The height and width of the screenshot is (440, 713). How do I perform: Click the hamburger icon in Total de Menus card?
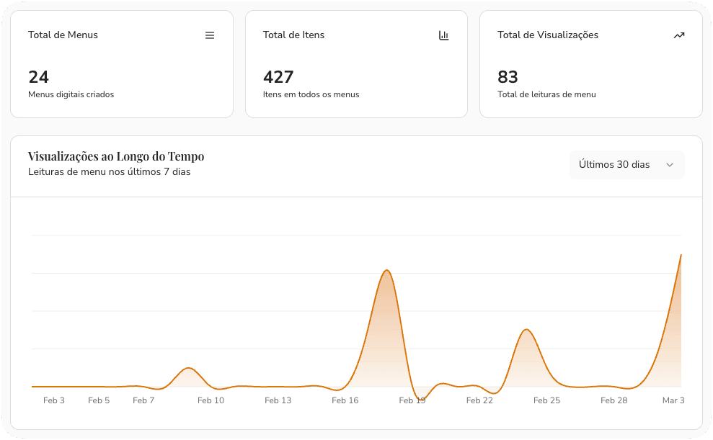[210, 35]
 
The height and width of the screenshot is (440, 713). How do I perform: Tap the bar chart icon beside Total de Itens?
[444, 35]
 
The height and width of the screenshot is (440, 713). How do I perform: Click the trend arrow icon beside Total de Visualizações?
[678, 35]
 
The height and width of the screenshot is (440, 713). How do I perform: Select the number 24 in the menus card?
[38, 76]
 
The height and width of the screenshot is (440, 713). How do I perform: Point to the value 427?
[278, 76]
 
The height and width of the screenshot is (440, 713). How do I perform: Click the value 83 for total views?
[508, 76]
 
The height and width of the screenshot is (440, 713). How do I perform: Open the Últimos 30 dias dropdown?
[626, 165]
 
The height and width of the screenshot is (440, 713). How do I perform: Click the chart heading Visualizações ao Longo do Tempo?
[116, 156]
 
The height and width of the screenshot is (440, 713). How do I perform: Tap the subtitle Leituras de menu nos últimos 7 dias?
[109, 172]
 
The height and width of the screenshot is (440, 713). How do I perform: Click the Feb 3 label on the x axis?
[54, 400]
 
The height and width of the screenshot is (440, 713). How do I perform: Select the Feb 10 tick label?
[211, 400]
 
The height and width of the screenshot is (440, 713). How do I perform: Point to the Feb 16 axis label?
[345, 400]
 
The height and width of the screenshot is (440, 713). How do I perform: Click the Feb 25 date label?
[546, 400]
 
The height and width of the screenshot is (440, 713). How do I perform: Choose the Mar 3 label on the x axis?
[673, 400]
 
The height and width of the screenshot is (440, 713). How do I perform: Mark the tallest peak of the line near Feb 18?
[387, 270]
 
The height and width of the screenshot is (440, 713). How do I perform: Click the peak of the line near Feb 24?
[527, 330]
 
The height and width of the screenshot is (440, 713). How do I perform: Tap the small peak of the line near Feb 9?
[188, 368]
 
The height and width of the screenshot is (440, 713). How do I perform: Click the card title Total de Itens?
[293, 35]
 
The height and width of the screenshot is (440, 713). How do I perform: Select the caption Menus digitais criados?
[71, 94]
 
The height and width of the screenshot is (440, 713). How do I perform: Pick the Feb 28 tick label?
[614, 400]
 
